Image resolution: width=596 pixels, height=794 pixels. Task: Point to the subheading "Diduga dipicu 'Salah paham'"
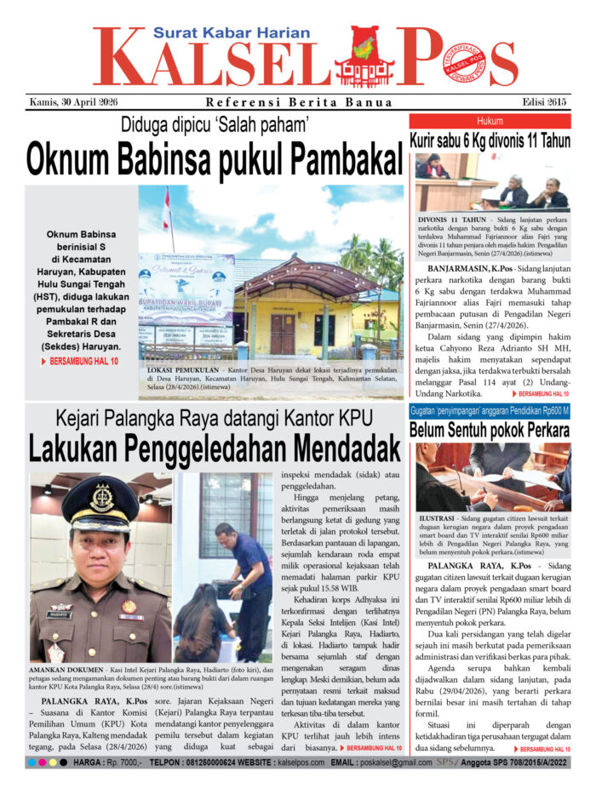coord(215,123)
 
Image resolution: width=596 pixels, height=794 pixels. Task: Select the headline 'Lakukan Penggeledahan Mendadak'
coord(214,447)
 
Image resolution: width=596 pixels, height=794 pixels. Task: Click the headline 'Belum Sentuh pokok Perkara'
coord(490,431)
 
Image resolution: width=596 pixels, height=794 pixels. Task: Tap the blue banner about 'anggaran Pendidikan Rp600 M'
coord(490,411)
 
